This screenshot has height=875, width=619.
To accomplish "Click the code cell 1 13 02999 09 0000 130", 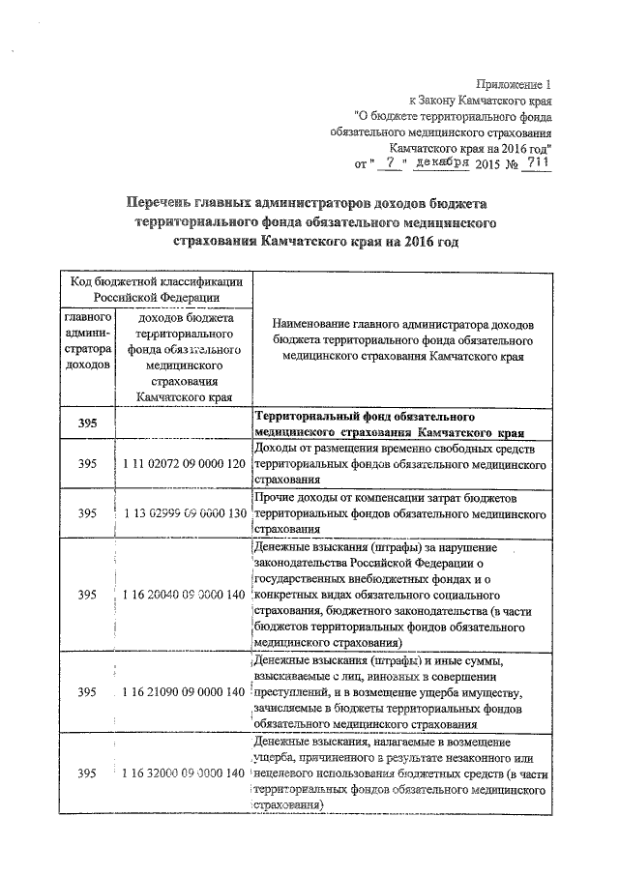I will coord(183,513).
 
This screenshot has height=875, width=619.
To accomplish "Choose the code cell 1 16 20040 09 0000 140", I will coord(183,595).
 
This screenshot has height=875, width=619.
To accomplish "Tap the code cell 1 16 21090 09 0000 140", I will coord(183,692).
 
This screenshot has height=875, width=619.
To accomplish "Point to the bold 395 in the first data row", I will coord(88,423).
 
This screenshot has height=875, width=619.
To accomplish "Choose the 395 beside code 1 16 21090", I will coord(88,692).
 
